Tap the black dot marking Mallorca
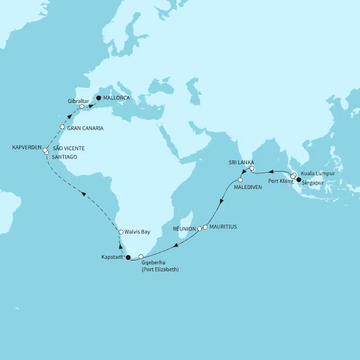(x=98, y=98)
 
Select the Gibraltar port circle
(x=82, y=106)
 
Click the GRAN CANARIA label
(x=85, y=128)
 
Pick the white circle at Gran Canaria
(x=62, y=127)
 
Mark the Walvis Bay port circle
(x=121, y=232)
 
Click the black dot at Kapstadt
(x=128, y=258)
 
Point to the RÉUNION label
(x=183, y=229)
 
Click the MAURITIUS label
(x=224, y=227)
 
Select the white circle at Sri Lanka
(x=253, y=168)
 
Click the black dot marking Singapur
(x=299, y=180)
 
